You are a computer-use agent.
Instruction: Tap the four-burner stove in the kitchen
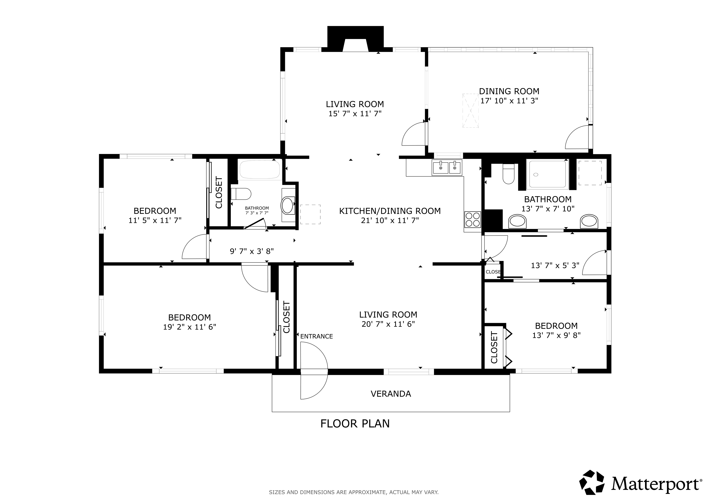click(472, 219)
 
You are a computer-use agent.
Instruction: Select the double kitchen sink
click(447, 168)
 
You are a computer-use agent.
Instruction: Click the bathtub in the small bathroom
click(260, 169)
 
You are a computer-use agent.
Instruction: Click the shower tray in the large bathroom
click(547, 174)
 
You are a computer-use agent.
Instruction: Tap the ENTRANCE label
click(316, 337)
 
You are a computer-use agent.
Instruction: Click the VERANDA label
click(391, 394)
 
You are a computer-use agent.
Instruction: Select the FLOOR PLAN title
click(355, 423)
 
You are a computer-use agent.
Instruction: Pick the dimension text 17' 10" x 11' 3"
click(509, 101)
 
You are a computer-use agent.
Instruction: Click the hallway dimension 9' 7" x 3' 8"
click(252, 251)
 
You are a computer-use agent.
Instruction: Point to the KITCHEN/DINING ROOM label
click(390, 211)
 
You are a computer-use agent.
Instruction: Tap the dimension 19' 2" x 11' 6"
click(190, 327)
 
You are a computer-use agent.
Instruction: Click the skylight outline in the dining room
click(470, 110)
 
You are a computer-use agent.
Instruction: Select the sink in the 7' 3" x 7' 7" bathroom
click(288, 206)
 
